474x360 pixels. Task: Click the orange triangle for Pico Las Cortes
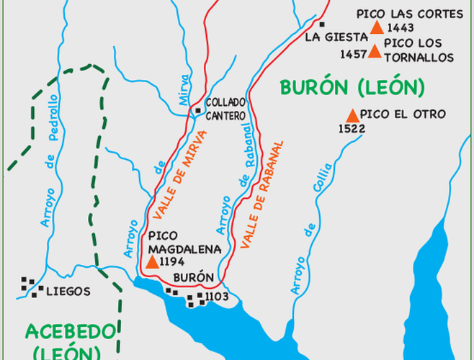pyautogui.click(x=377, y=28)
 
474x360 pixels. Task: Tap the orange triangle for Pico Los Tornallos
pyautogui.click(x=375, y=51)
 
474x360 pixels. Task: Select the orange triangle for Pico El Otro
pyautogui.click(x=352, y=115)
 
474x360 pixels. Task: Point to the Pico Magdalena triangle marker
pyautogui.click(x=152, y=262)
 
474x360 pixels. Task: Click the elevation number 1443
pyautogui.click(x=401, y=28)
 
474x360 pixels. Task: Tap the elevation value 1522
pyautogui.click(x=352, y=129)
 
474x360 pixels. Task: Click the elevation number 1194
pyautogui.click(x=174, y=263)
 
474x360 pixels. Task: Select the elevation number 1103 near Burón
pyautogui.click(x=217, y=296)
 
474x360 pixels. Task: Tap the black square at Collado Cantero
pyautogui.click(x=198, y=110)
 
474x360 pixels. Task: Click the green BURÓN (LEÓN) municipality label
pyautogui.click(x=351, y=88)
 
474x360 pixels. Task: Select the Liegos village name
pyautogui.click(x=68, y=292)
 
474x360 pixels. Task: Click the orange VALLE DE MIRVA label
pyautogui.click(x=181, y=174)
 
